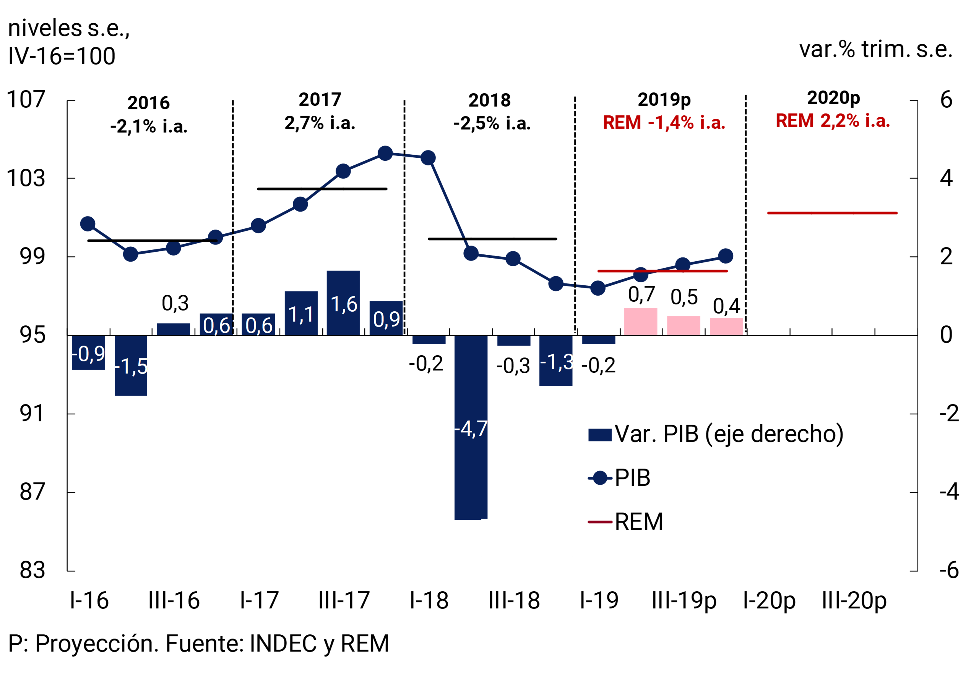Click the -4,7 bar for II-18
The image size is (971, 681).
point(471,427)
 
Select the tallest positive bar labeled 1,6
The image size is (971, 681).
point(343,303)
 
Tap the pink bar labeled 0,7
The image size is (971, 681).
point(641,322)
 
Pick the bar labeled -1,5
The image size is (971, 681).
point(131,366)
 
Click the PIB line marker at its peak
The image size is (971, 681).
point(385,154)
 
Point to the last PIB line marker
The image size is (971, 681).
point(726,256)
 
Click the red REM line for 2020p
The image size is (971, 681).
point(832,213)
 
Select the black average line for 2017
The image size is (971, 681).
point(322,189)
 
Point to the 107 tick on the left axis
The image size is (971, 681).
point(26,100)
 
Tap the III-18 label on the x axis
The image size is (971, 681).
point(514,600)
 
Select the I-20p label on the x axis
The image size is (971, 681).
point(769,600)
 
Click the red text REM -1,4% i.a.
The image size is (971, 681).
point(664,123)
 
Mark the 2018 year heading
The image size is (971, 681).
point(489,100)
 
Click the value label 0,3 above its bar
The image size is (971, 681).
point(175,303)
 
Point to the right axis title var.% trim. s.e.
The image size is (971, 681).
point(875,49)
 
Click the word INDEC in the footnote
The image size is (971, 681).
point(283,644)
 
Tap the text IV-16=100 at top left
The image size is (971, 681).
point(62,56)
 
